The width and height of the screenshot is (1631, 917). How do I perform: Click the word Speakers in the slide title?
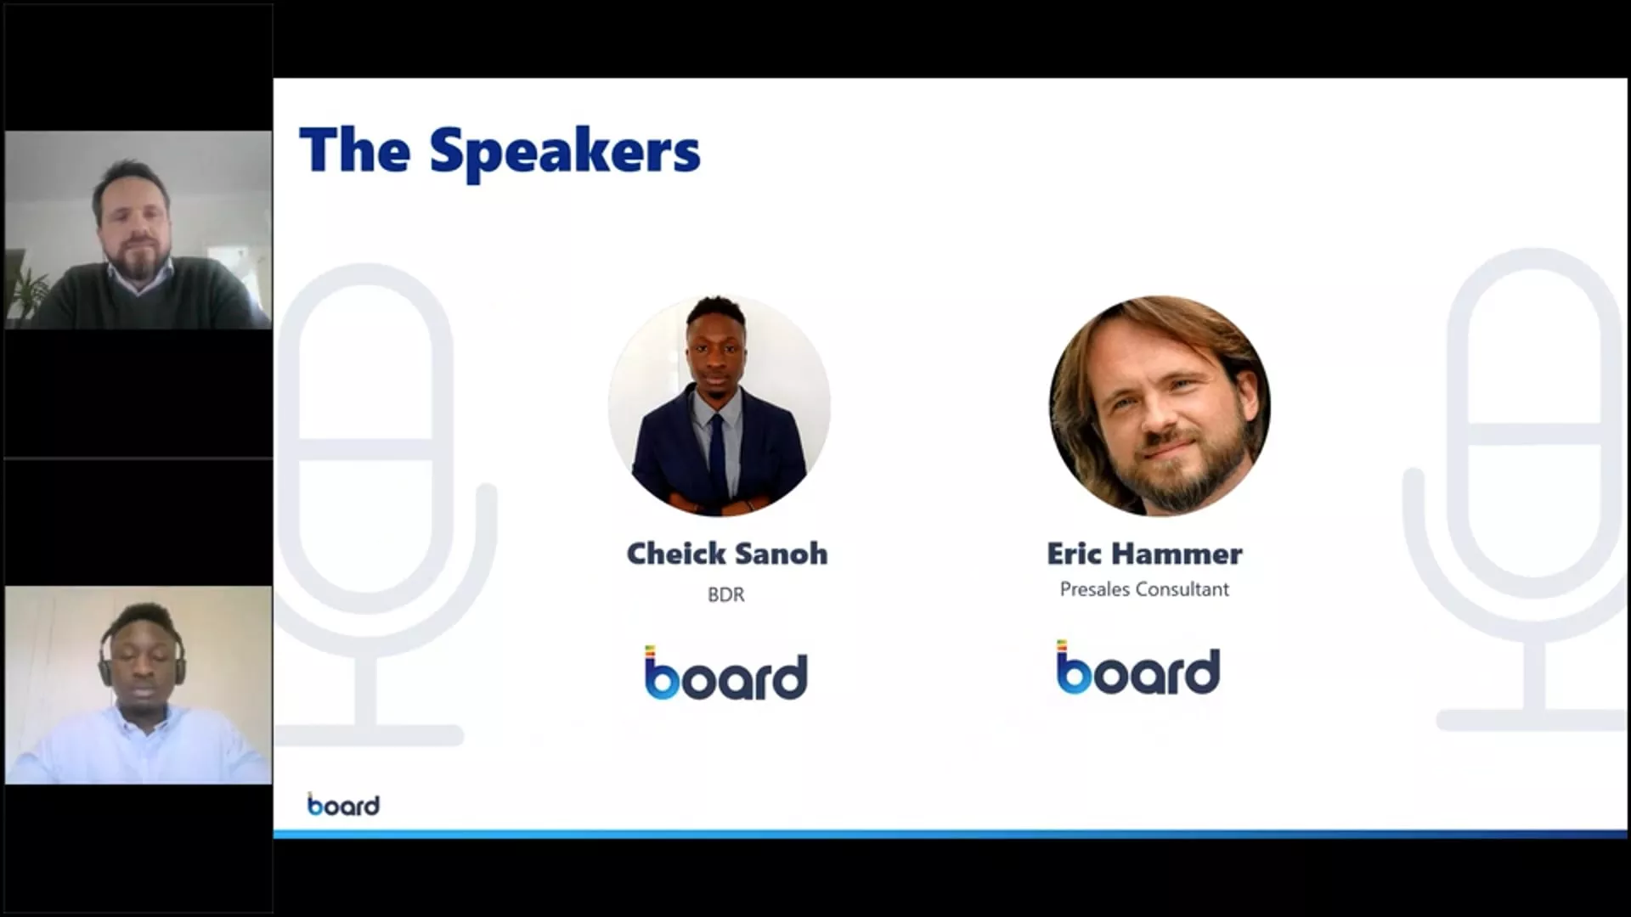pyautogui.click(x=565, y=151)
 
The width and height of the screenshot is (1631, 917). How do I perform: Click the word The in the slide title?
pyautogui.click(x=355, y=149)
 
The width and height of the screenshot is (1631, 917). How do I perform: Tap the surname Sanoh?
pyautogui.click(x=781, y=554)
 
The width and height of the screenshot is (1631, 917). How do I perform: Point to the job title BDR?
pyautogui.click(x=726, y=594)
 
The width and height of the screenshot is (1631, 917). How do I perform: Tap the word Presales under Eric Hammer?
pyautogui.click(x=1096, y=589)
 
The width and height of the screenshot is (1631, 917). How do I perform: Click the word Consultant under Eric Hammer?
pyautogui.click(x=1184, y=589)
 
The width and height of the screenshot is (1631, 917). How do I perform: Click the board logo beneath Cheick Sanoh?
pyautogui.click(x=725, y=672)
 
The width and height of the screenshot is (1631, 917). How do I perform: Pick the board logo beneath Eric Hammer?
pyautogui.click(x=1138, y=667)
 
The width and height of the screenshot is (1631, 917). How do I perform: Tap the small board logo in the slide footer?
pyautogui.click(x=343, y=804)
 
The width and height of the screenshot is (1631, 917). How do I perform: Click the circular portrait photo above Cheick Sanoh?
pyautogui.click(x=720, y=406)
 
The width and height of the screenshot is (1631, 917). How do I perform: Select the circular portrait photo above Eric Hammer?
pyautogui.click(x=1160, y=406)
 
